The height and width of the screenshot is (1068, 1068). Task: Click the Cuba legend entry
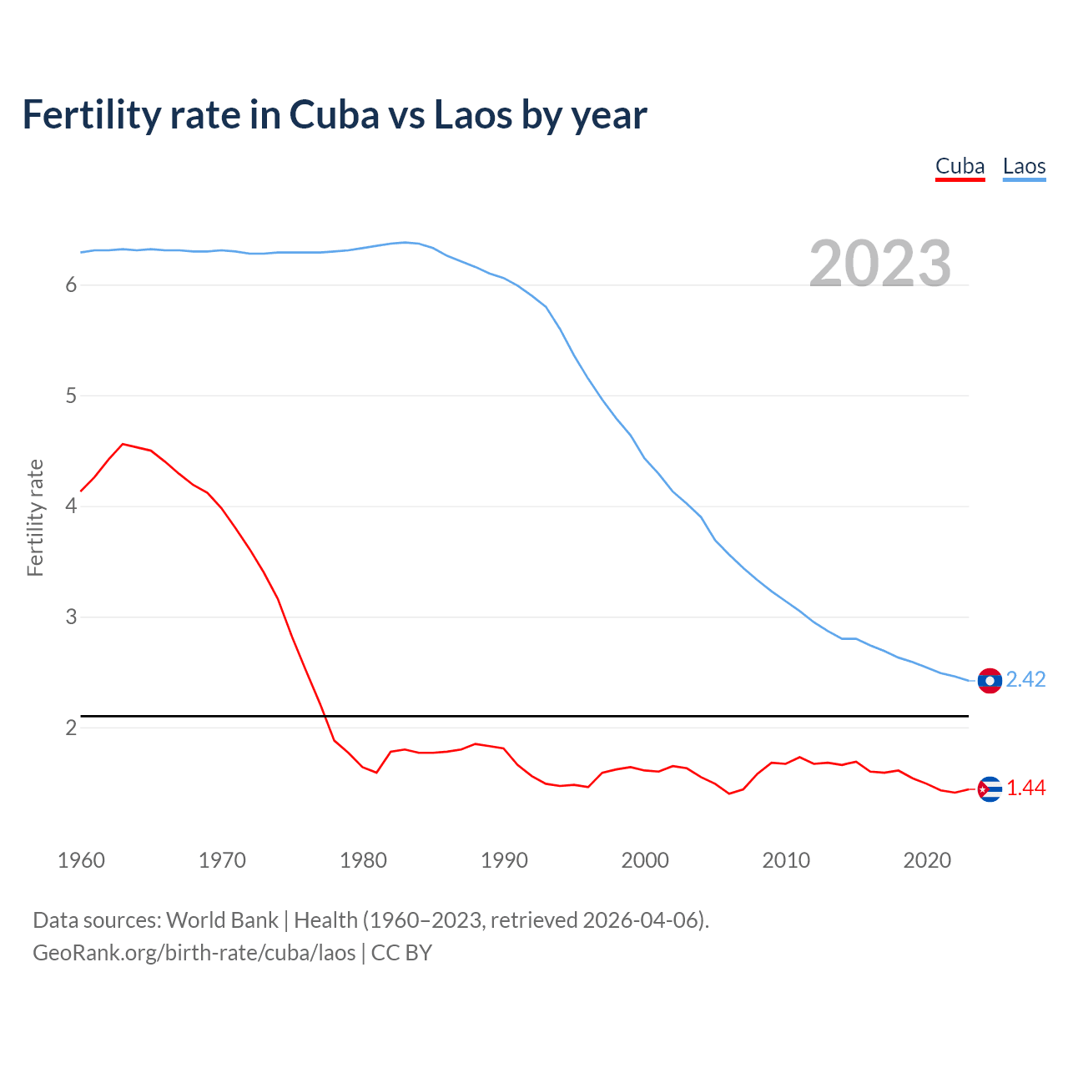click(x=960, y=166)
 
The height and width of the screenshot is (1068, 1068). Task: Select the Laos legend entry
click(x=1024, y=166)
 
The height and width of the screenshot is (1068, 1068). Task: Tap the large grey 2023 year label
click(x=880, y=264)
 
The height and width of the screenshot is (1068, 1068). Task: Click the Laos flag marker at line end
click(x=990, y=681)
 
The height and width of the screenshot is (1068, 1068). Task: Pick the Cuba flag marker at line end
click(x=990, y=788)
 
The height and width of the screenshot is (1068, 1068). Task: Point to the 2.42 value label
click(x=1025, y=680)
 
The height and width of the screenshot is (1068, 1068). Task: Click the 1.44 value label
click(x=1025, y=788)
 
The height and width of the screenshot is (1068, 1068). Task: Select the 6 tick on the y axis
click(x=71, y=285)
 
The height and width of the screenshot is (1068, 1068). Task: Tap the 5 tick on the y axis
click(x=71, y=395)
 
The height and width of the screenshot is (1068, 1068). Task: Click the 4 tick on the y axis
click(x=71, y=506)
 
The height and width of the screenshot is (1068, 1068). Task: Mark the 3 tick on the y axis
click(x=71, y=617)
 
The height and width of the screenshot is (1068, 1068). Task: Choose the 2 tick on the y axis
click(x=71, y=728)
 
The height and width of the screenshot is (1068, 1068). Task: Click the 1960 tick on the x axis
click(x=81, y=860)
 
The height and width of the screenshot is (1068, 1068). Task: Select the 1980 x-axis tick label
click(x=363, y=860)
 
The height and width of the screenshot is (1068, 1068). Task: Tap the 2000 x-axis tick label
click(x=645, y=860)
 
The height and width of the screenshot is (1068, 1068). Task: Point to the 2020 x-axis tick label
click(x=927, y=860)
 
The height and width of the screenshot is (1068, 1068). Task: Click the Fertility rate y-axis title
click(x=35, y=517)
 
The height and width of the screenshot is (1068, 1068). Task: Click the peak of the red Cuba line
click(x=123, y=444)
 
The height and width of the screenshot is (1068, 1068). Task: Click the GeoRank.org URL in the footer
click(x=194, y=953)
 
